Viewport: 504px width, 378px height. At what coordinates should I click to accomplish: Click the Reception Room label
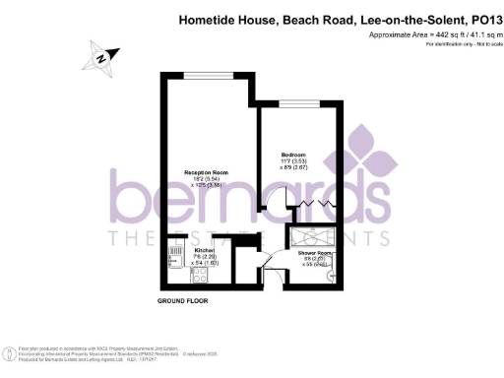[x=201, y=171]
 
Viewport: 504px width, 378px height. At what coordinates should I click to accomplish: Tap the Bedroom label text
[x=293, y=155]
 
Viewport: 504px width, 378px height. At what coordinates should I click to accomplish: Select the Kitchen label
[x=191, y=251]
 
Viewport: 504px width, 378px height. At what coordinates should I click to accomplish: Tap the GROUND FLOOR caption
[x=183, y=299]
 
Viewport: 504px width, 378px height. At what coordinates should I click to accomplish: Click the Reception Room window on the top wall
[x=205, y=74]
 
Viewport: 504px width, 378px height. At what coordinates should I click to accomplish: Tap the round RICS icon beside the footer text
[x=8, y=351]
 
